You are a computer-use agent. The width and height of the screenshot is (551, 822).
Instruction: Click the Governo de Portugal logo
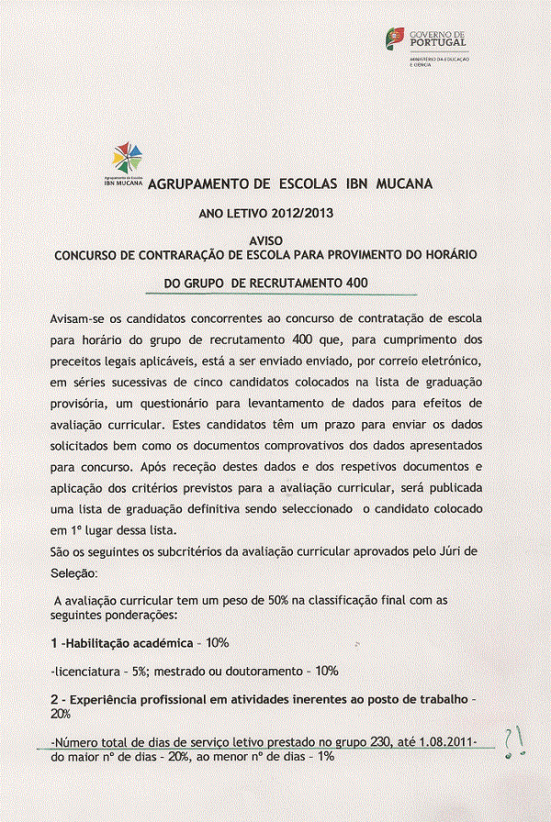click(x=425, y=43)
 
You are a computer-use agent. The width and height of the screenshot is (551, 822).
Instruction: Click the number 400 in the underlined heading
click(x=352, y=283)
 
